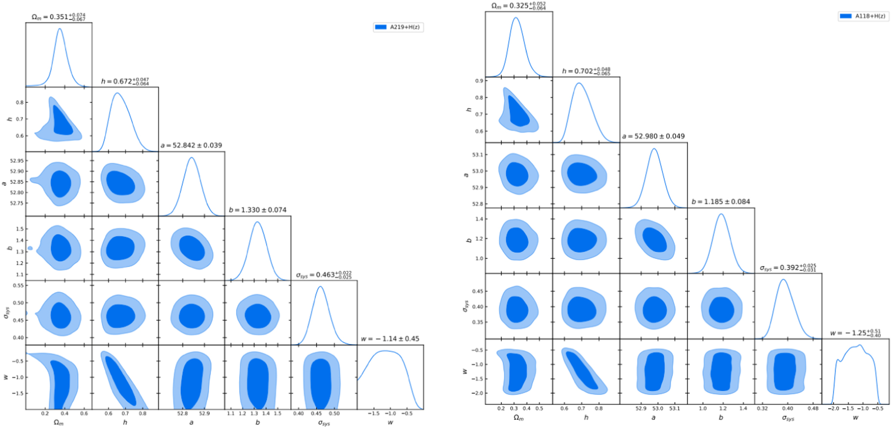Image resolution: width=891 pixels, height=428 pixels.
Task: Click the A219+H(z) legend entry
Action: point(398,27)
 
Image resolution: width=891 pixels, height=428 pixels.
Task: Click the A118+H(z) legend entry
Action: point(863,16)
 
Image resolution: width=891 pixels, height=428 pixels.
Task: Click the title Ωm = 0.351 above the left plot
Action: point(58,17)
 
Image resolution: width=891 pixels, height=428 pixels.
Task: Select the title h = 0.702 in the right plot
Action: point(586,71)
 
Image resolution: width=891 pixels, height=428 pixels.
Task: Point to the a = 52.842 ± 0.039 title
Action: point(191,145)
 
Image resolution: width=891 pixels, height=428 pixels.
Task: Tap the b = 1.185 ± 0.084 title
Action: point(721,202)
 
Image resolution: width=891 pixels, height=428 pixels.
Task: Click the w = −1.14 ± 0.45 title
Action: point(390,339)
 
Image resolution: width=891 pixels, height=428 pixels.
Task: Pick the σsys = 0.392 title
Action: point(788,268)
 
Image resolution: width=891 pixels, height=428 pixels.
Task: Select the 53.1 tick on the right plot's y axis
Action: point(477,155)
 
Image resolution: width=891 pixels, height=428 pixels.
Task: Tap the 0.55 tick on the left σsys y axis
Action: point(18,285)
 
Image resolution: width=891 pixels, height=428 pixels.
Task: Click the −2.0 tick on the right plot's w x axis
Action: point(833,408)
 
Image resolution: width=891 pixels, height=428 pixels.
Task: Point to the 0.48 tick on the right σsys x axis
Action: point(813,408)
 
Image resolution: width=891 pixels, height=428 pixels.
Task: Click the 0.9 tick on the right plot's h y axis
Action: point(479,81)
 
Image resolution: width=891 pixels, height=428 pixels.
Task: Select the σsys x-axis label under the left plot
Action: point(324,423)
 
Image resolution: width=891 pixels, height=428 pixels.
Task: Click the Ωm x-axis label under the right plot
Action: point(518,418)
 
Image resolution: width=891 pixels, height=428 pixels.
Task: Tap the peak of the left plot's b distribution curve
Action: point(258,222)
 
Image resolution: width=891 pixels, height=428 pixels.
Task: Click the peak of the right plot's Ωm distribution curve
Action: point(516,18)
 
